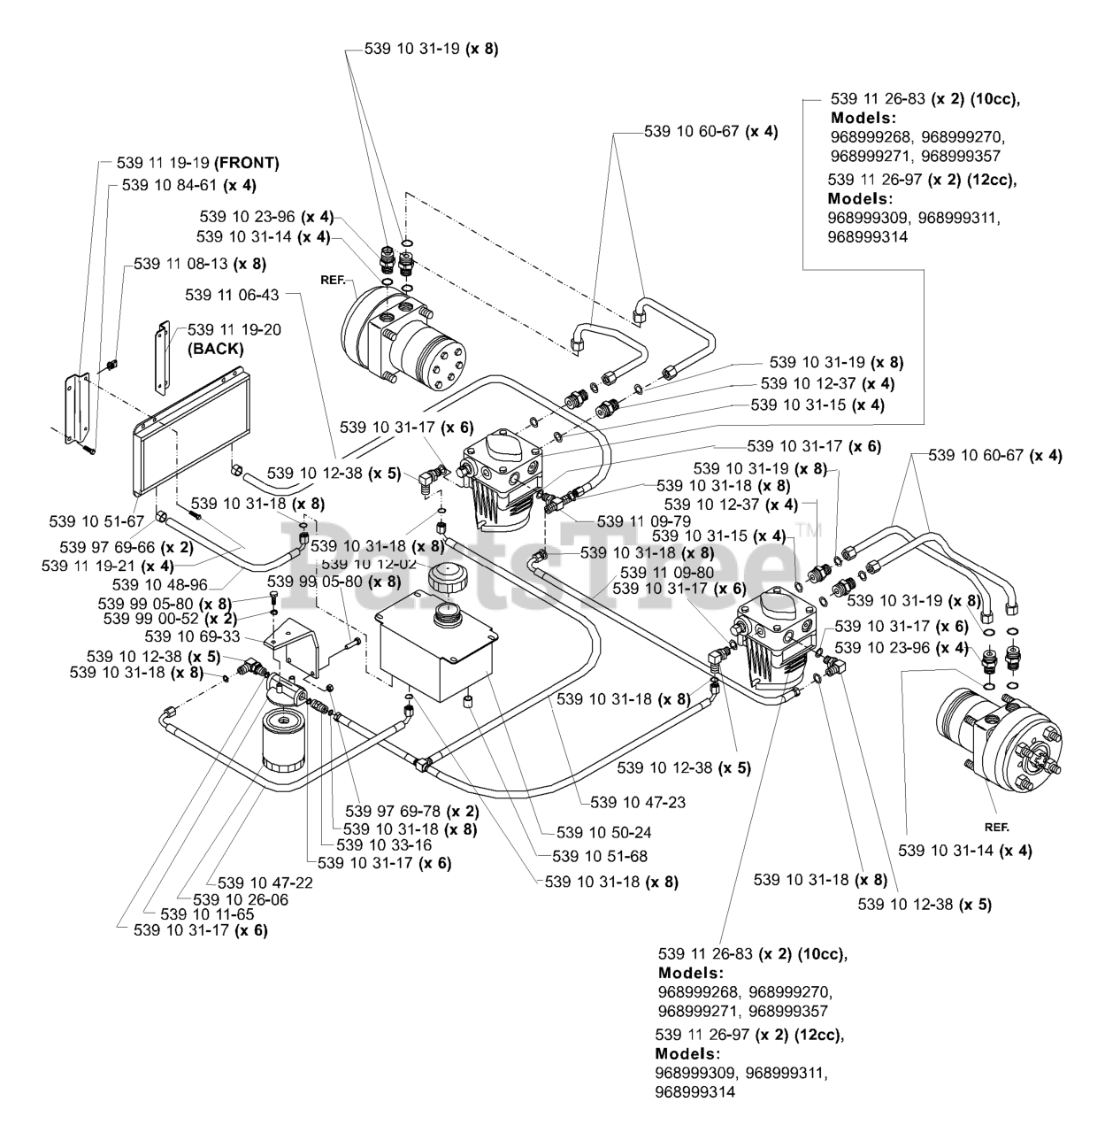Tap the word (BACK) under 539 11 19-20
coord(215,349)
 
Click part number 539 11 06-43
coord(232,295)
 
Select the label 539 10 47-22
coord(265,883)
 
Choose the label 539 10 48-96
coord(160,584)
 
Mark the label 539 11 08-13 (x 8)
coord(200,264)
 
